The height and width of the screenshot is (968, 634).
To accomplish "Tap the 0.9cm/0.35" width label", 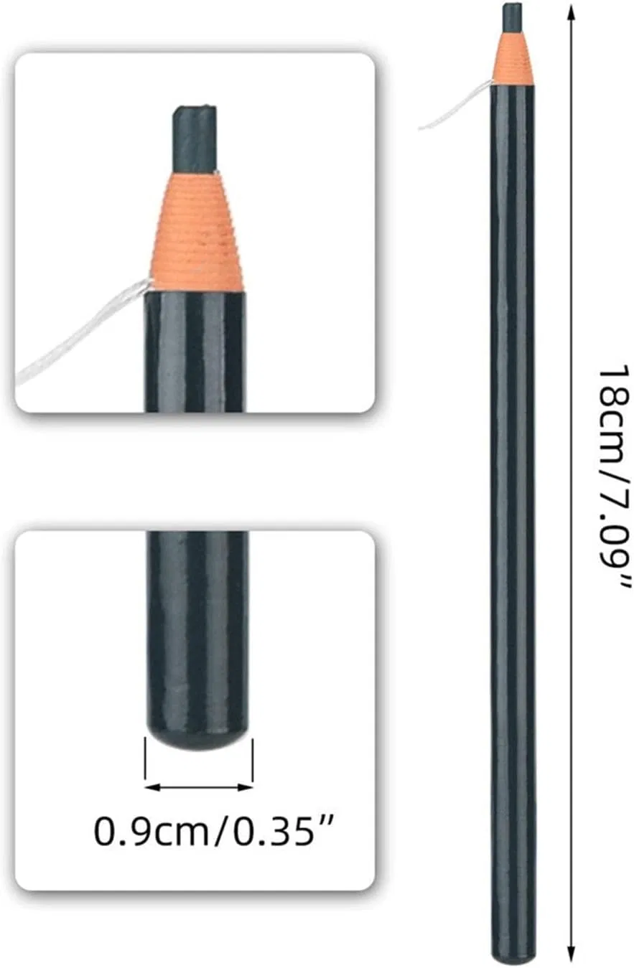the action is point(215,830).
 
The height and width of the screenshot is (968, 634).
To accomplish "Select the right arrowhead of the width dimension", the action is point(246,787).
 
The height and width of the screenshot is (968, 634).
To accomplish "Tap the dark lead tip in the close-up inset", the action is point(194,138).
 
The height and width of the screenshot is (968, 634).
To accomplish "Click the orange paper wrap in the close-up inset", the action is point(196,232).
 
